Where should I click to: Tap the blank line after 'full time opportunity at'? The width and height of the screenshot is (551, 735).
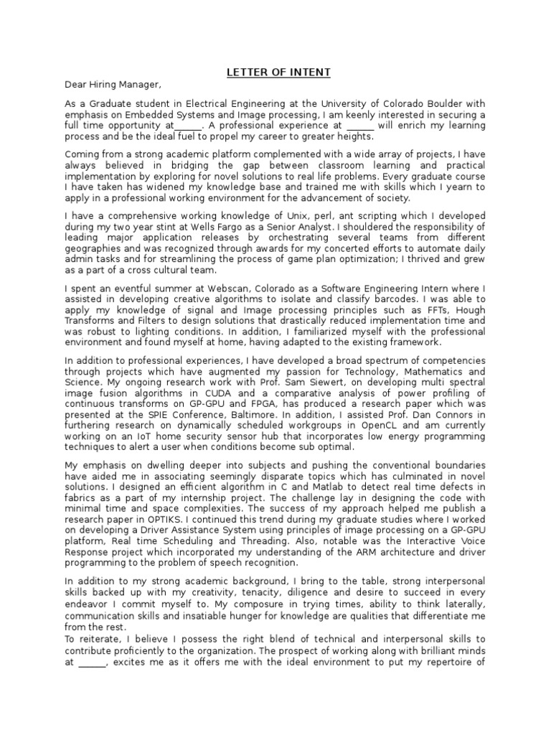(187, 127)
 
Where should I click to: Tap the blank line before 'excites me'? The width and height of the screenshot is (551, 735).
(91, 663)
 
